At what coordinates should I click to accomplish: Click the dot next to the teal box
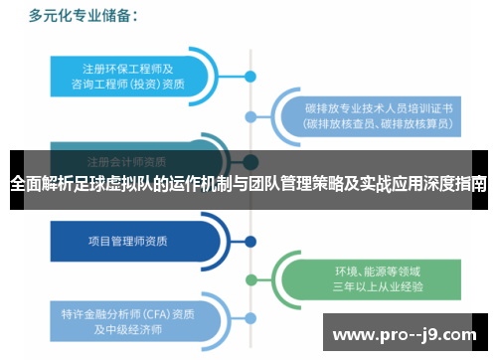pyautogui.click(x=250, y=76)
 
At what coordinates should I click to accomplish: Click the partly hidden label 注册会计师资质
pyautogui.click(x=126, y=160)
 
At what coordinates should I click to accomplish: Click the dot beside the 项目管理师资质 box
pyautogui.click(x=250, y=240)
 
